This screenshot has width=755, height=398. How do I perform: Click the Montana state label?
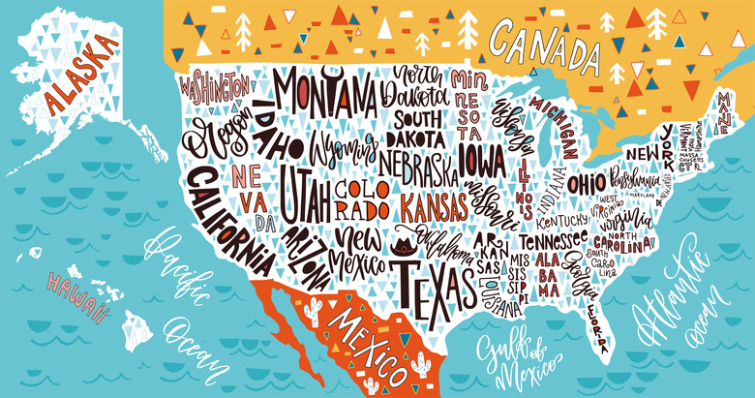click(324, 94)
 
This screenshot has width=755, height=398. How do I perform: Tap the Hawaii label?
click(74, 291)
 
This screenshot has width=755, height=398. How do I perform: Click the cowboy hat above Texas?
click(401, 242)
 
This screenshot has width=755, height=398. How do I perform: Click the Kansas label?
click(435, 205)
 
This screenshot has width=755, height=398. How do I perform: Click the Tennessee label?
click(553, 239)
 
